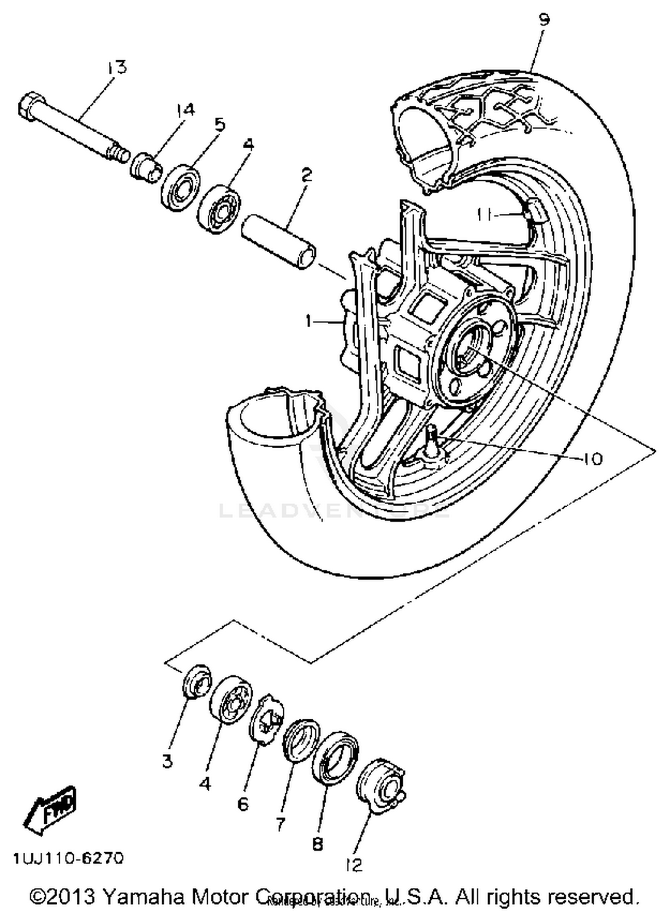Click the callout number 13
point(117,68)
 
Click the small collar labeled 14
point(145,167)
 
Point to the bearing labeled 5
point(180,186)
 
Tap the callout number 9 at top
point(543,20)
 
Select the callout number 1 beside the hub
point(309,321)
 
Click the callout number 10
point(593,459)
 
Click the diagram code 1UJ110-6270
point(68,858)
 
